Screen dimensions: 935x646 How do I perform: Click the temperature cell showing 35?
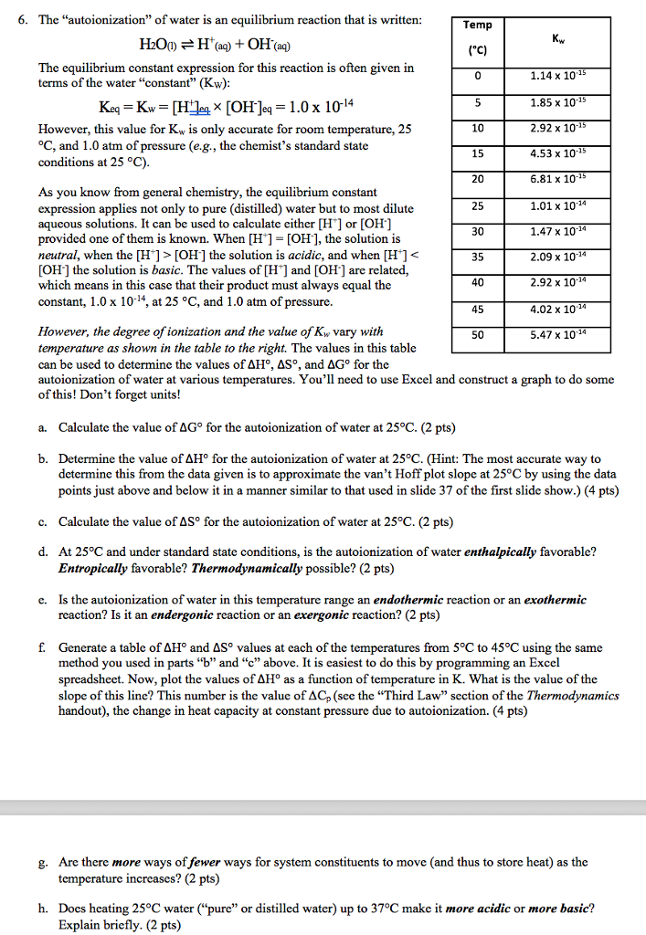478,257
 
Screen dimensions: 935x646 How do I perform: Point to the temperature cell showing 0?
478,76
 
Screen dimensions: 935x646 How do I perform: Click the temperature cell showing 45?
478,309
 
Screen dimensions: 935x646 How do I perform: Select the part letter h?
42,909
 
